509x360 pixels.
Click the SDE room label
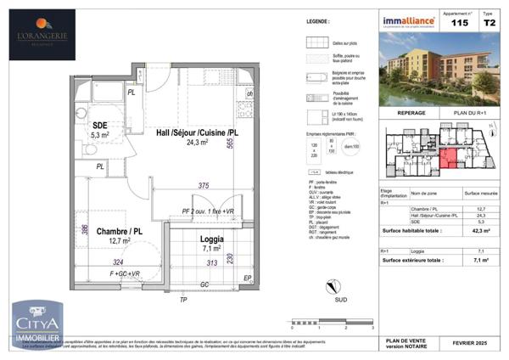tap(98, 125)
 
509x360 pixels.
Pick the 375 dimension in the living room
tap(203, 186)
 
